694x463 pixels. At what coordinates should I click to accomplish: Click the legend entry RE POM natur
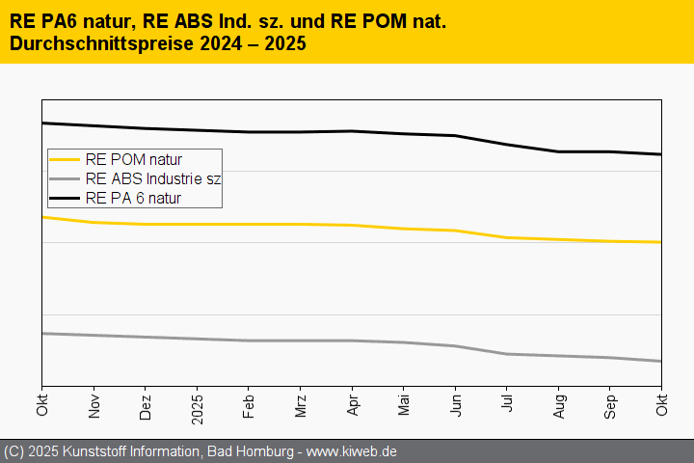(133, 159)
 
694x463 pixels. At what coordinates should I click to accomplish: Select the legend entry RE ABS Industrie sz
(153, 178)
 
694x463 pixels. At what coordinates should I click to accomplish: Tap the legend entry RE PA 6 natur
(133, 198)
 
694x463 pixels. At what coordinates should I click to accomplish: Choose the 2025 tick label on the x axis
(197, 404)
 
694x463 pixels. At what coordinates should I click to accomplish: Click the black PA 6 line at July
(507, 144)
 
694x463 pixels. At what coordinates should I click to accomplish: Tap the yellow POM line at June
(455, 231)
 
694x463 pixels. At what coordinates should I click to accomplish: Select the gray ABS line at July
(507, 354)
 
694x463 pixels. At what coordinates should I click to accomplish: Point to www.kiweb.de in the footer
(352, 451)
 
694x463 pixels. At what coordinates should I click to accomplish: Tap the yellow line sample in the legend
(66, 159)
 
